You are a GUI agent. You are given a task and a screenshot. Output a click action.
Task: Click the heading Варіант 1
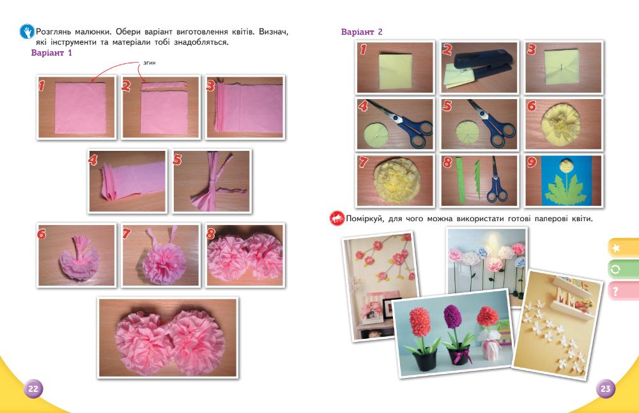pos(51,52)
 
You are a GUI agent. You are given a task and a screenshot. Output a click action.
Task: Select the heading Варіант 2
pos(362,32)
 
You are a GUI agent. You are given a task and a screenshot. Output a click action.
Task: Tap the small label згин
pos(150,63)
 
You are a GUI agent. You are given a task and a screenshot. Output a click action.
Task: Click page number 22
pos(33,389)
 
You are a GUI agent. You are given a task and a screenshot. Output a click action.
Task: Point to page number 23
pos(606,389)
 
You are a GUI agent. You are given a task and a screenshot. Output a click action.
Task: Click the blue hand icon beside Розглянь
pos(27,31)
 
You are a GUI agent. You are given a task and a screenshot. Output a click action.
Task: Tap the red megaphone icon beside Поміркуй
pos(337,218)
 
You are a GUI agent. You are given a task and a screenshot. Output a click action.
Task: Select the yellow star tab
pos(623,248)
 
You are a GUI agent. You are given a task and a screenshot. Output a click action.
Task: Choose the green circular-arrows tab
pos(623,270)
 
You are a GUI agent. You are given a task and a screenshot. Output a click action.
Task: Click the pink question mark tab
pos(623,291)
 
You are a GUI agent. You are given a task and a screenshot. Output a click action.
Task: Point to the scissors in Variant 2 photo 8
pos(496,182)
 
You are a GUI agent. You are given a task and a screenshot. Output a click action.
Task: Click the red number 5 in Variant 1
pos(177,159)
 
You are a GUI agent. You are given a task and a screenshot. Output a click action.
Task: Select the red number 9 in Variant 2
pos(532,162)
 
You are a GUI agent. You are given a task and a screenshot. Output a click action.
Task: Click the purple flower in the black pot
pos(452,317)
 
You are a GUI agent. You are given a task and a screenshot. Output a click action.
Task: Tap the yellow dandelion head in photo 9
pos(565,165)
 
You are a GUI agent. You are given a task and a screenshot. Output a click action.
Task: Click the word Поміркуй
pos(365,219)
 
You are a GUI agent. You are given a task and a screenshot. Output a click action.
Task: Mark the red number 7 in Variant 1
pos(127,233)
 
